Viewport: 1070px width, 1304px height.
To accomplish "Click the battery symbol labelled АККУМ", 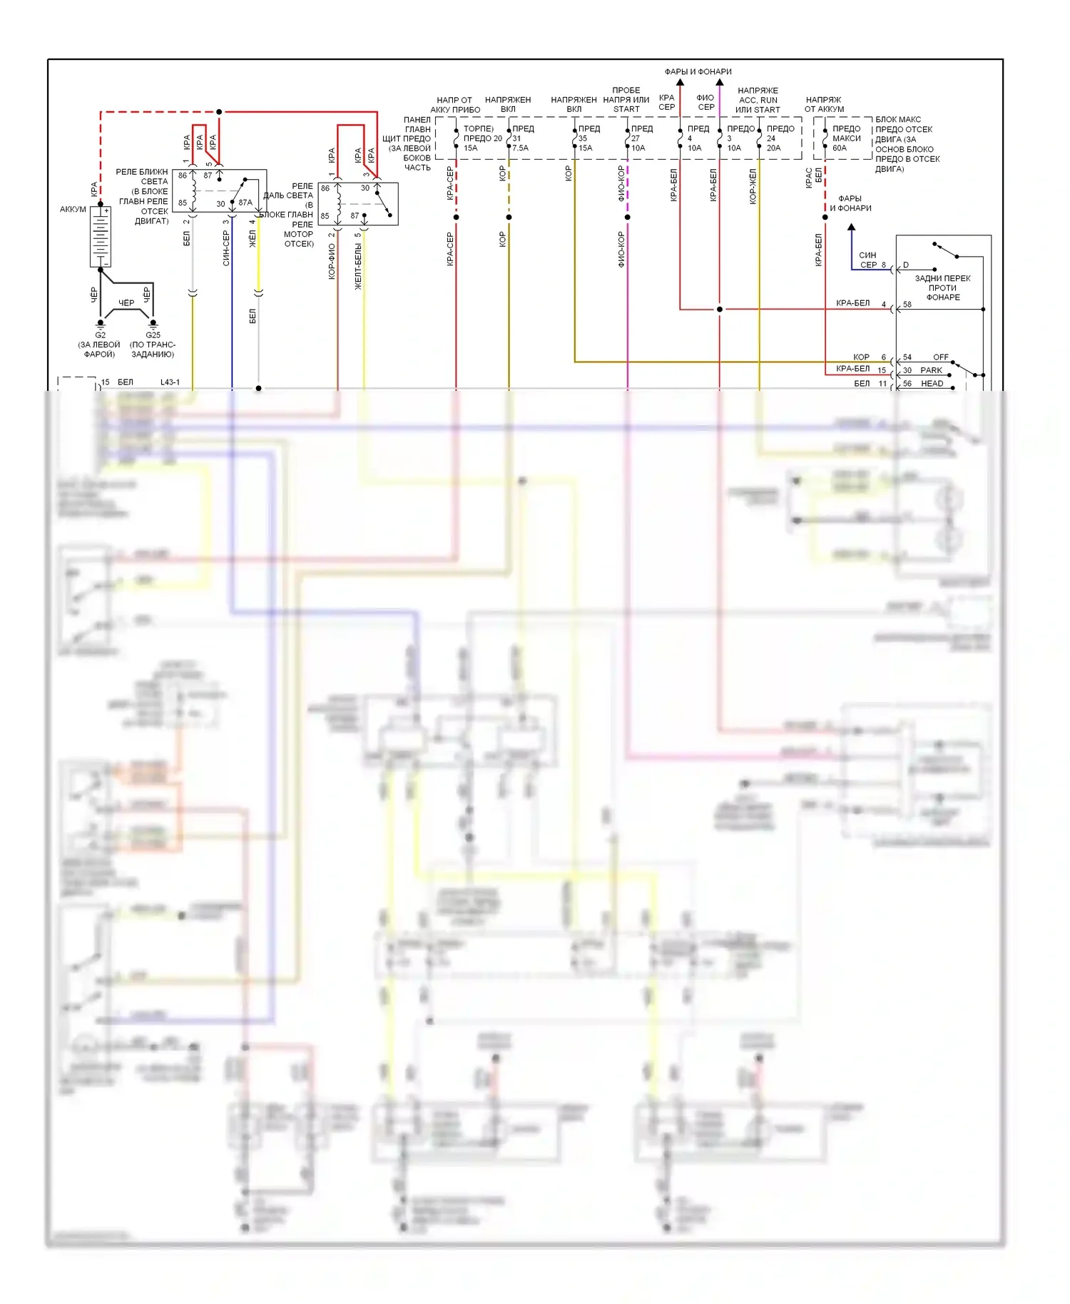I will (x=100, y=237).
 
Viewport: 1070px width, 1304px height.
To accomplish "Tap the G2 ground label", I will (x=100, y=335).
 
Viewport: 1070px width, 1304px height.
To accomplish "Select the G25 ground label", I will (x=153, y=335).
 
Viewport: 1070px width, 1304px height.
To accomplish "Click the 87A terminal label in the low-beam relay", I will (x=245, y=203).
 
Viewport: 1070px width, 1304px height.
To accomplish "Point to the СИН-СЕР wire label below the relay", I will (x=226, y=248).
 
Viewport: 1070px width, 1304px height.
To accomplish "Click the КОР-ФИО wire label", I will (x=332, y=261).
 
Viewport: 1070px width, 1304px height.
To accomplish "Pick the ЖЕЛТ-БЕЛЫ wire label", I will (x=358, y=266).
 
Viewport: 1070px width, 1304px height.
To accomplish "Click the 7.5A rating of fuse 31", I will (x=521, y=148).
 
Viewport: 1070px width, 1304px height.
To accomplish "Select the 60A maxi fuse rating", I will (x=840, y=148).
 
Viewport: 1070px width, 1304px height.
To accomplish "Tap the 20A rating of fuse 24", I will (x=773, y=148).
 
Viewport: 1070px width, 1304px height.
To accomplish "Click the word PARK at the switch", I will (x=931, y=370).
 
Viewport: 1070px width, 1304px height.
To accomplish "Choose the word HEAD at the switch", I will (x=932, y=384).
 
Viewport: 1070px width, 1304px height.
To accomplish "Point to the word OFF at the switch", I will (x=940, y=357).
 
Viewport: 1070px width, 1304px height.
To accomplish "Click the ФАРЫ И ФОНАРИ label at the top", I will (x=698, y=72).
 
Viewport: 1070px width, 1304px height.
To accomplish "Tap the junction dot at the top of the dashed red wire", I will (x=219, y=112).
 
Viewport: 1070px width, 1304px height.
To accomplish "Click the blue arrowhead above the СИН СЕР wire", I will (x=851, y=228).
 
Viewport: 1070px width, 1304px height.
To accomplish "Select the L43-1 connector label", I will (x=170, y=382).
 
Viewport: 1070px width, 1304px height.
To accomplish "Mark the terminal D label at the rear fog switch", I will (x=906, y=265).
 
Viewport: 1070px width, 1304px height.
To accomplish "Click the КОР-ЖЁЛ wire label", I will (x=753, y=187).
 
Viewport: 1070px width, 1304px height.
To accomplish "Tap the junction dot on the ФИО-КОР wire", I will (x=627, y=217).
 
